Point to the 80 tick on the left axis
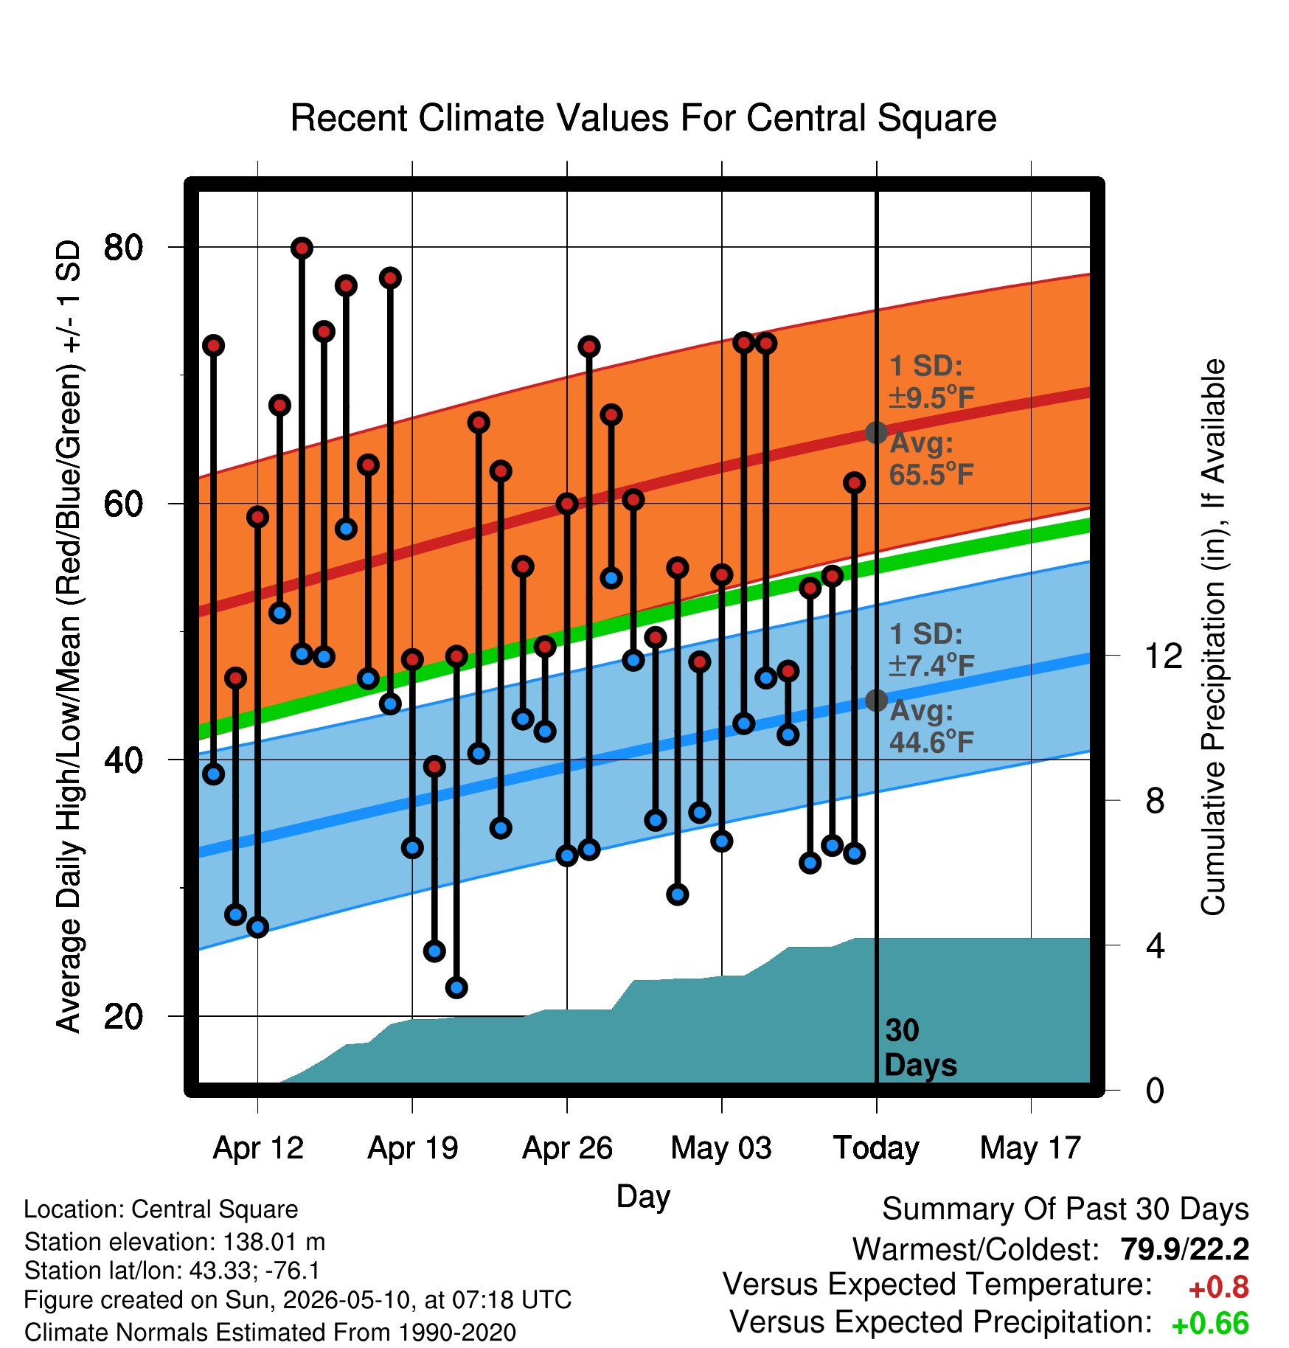point(123,247)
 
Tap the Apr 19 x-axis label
point(413,1148)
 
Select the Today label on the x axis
point(876,1148)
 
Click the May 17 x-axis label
point(1030,1148)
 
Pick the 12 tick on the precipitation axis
point(1163,655)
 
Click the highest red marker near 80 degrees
point(302,248)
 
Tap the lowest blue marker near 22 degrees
point(456,987)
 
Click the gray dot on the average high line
point(876,432)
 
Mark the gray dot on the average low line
point(876,700)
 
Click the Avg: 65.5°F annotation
point(931,459)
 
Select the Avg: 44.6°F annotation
point(931,726)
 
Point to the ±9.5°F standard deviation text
point(931,397)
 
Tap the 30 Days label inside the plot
point(920,1048)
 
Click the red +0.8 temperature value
point(1218,1288)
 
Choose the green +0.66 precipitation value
point(1210,1324)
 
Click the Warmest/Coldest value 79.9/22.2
point(1184,1249)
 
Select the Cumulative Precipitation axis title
point(1213,637)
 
